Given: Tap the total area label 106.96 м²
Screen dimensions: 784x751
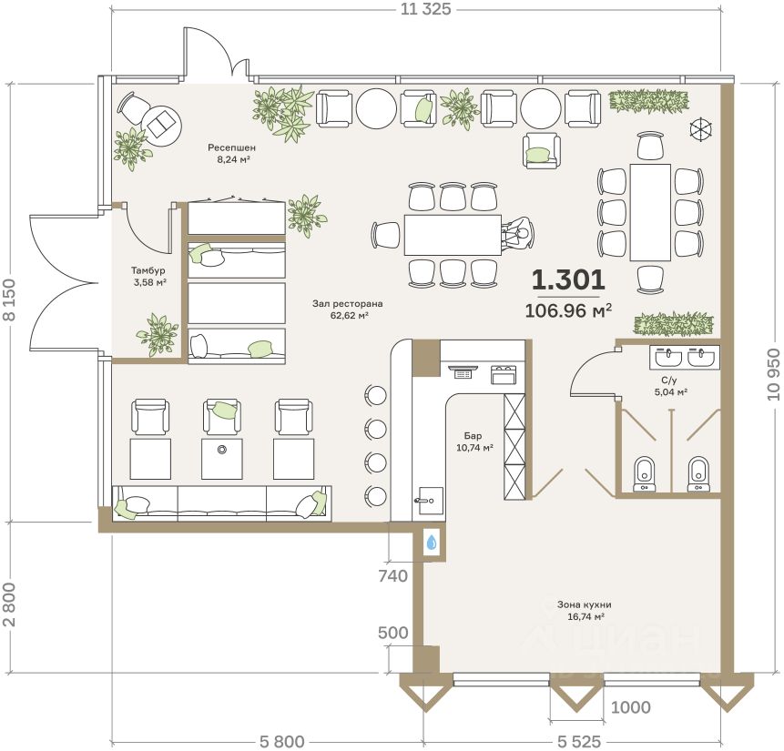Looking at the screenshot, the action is coord(568,310).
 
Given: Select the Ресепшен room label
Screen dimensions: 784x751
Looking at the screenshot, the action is coord(231,147).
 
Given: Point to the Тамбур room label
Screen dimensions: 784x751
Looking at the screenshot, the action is coord(148,270).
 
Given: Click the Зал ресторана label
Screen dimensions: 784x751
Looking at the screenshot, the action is coord(348,303).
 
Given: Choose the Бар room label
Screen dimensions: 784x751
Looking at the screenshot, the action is coord(473,436).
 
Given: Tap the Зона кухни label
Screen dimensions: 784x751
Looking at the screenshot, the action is coord(584,604).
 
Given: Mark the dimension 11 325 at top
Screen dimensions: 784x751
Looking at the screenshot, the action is coord(425,8).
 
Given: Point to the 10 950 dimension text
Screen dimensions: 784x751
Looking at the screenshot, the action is coord(773,374).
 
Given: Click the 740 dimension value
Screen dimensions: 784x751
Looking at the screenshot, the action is coord(393,576).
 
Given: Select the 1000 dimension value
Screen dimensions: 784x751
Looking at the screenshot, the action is coord(630,707).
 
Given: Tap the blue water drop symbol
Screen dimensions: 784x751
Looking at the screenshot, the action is coord(431,542).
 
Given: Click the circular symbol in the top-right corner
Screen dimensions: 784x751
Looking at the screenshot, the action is coord(701,128).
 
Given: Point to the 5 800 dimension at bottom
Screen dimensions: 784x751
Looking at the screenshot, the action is coord(281,742).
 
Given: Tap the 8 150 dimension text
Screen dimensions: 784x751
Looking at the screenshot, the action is coord(11,300).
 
